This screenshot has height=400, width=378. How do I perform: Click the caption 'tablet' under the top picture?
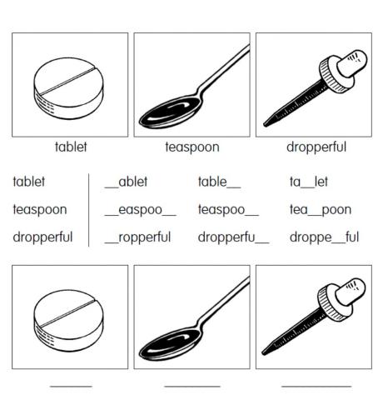pos(70,147)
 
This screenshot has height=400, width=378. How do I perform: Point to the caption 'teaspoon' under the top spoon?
pos(191,147)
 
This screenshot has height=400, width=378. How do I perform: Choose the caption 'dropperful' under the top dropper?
pos(316,147)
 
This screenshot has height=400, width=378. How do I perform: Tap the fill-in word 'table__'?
pos(219,182)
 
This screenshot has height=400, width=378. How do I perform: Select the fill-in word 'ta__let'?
pos(309,182)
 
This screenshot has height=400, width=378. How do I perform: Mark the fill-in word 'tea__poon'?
pos(321,209)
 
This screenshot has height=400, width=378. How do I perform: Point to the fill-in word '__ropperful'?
pos(137,237)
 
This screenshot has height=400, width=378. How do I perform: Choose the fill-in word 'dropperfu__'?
pos(233,237)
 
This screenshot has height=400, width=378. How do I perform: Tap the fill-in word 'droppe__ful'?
pos(324,237)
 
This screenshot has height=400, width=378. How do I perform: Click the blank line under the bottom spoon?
pos(191,386)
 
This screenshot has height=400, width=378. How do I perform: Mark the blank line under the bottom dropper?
pos(316,386)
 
